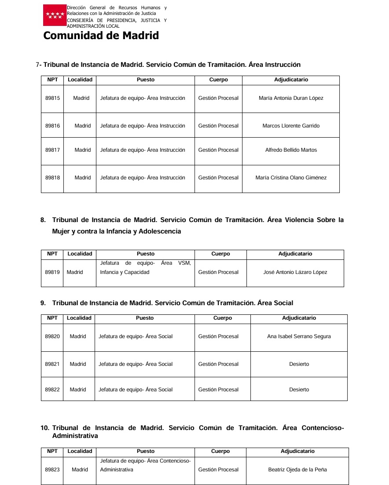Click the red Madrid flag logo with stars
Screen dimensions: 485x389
(x=55, y=16)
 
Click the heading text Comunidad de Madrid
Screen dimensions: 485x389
(x=101, y=36)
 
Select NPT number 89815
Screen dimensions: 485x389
(x=52, y=98)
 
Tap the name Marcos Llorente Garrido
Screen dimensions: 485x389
(x=291, y=126)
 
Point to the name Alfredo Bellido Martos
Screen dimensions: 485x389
(x=291, y=150)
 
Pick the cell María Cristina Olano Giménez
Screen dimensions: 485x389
(x=291, y=178)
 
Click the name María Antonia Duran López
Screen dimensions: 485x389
(x=291, y=98)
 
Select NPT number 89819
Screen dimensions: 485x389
(x=52, y=272)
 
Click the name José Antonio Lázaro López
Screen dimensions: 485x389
(x=295, y=272)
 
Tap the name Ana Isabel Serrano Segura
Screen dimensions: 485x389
(x=299, y=336)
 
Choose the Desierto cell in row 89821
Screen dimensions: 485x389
(x=299, y=364)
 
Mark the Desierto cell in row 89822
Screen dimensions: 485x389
(x=299, y=390)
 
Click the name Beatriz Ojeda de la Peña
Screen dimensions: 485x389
(x=297, y=470)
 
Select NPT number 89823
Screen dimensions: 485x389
(x=52, y=470)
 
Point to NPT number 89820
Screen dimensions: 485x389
(x=52, y=336)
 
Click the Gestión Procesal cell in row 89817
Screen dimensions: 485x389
(x=218, y=150)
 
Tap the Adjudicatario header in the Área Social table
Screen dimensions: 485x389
(x=299, y=318)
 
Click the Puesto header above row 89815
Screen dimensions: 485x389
(x=146, y=80)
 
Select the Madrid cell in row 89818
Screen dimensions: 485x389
(x=83, y=178)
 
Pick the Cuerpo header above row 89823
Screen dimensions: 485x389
(x=220, y=451)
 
